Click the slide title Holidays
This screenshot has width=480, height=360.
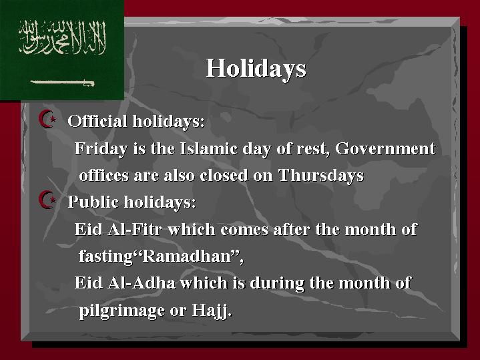click(x=256, y=69)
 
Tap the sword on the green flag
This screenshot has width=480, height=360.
click(x=62, y=83)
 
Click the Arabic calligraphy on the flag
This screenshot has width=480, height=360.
click(x=63, y=37)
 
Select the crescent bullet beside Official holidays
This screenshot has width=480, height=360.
click(x=47, y=119)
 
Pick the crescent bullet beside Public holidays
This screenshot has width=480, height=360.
click(x=47, y=200)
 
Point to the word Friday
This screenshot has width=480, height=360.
click(x=101, y=149)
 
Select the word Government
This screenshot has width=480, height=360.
click(x=385, y=148)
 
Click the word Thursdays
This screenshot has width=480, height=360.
click(x=321, y=176)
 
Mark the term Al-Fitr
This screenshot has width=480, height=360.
click(x=134, y=229)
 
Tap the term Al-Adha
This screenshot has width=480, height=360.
click(x=142, y=283)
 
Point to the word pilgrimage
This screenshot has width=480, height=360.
click(x=122, y=311)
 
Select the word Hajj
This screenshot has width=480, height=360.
click(x=211, y=311)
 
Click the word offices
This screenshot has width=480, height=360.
click(x=103, y=176)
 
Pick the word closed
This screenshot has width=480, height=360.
click(x=224, y=176)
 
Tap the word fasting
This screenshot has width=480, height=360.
click(x=105, y=256)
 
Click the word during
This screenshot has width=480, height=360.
click(x=277, y=283)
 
